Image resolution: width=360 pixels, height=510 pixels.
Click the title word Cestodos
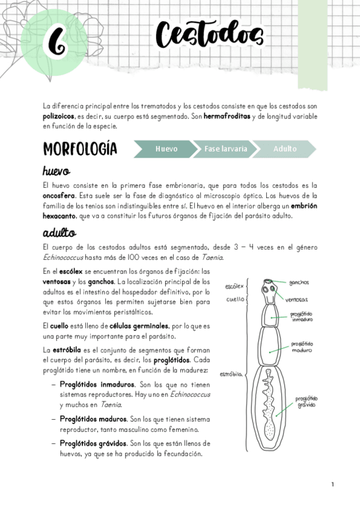pos(210,34)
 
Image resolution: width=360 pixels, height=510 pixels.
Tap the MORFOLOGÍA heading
pos(80,149)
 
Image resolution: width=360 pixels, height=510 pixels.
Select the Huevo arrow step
pos(166,149)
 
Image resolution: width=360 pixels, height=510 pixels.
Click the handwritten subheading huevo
pos(56,171)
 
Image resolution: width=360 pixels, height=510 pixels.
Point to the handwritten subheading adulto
pos(58,233)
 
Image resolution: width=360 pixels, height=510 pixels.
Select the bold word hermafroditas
pos(229,115)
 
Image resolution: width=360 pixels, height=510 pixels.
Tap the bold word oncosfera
pos(61,196)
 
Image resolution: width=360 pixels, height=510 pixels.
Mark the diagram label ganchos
pos(299,282)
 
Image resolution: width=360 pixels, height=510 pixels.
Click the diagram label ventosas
pos(297,299)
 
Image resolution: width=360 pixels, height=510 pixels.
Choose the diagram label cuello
pos(235,299)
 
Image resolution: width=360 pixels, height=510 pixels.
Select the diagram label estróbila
pos(231,373)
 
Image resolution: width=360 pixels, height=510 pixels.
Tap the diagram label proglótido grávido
pos(307,402)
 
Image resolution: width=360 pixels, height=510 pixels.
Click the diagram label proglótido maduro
pos(302,348)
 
